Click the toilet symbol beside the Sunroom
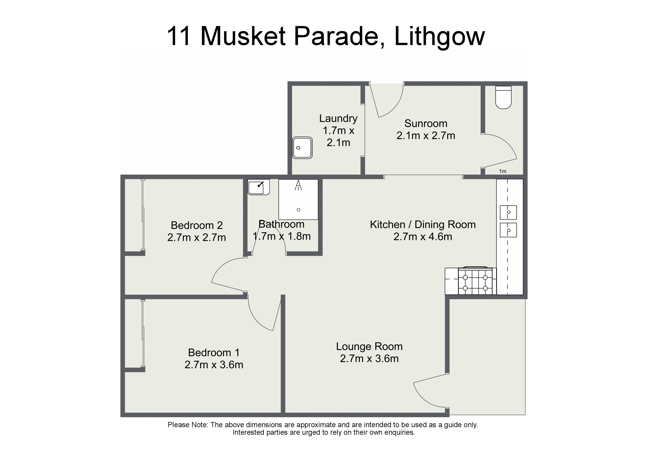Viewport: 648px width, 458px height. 504,97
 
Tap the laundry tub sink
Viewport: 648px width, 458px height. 302,148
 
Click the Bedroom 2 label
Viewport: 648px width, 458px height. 197,225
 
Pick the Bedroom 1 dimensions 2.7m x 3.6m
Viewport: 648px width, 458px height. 214,365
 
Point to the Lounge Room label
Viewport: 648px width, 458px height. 369,346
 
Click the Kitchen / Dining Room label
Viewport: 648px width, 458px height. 423,225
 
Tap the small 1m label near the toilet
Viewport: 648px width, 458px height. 503,171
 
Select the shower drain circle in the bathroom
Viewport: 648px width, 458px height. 298,210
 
